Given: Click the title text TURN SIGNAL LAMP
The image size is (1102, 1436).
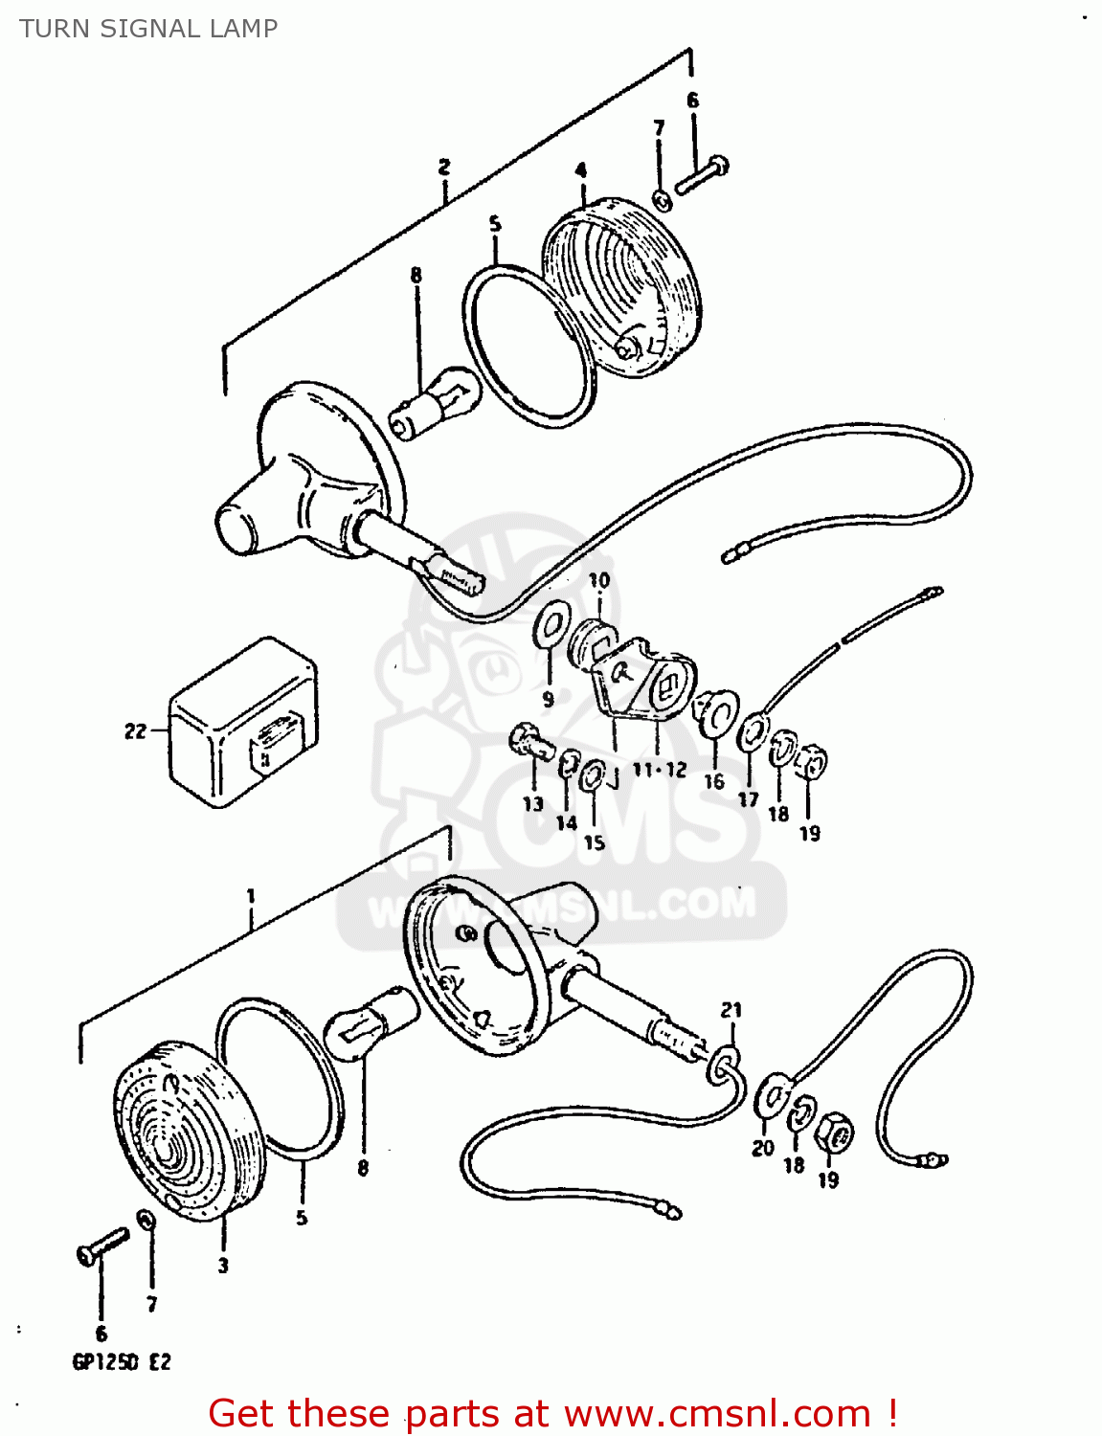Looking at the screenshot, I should point(148,29).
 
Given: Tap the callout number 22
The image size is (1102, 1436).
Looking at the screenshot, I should point(135,731).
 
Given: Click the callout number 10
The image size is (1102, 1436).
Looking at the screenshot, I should point(598,580).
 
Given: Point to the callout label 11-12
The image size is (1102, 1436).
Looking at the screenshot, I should point(660,769).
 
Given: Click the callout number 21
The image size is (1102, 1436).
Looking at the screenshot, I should point(731,1010).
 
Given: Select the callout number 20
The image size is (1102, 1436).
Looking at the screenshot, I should point(762,1148).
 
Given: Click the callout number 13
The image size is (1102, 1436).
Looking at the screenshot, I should point(532,803).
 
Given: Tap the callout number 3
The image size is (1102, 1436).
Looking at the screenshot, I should point(223,1266).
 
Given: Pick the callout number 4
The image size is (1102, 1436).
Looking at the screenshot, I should point(581,170).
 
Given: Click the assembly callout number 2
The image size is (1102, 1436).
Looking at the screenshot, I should point(444,167).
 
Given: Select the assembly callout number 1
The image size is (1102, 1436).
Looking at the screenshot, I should point(251,896).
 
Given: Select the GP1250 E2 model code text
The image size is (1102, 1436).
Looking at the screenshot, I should point(122,1361).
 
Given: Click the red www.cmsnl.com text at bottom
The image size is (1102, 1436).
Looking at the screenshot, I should point(717,1413).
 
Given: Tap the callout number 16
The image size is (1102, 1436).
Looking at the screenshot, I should point(714,781).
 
